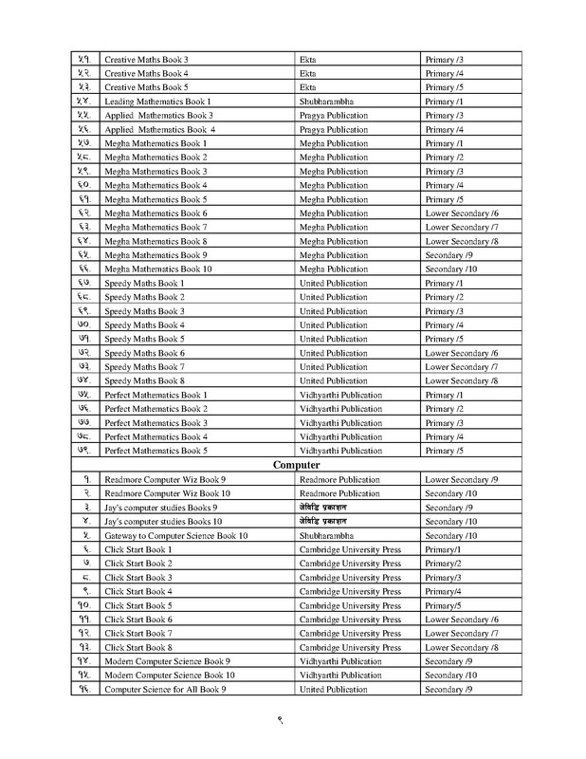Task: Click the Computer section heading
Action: (297, 466)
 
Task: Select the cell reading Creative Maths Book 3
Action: (146, 59)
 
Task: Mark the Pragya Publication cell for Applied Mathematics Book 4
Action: (334, 129)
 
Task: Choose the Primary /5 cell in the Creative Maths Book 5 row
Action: (444, 86)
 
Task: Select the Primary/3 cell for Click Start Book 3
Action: (442, 577)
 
